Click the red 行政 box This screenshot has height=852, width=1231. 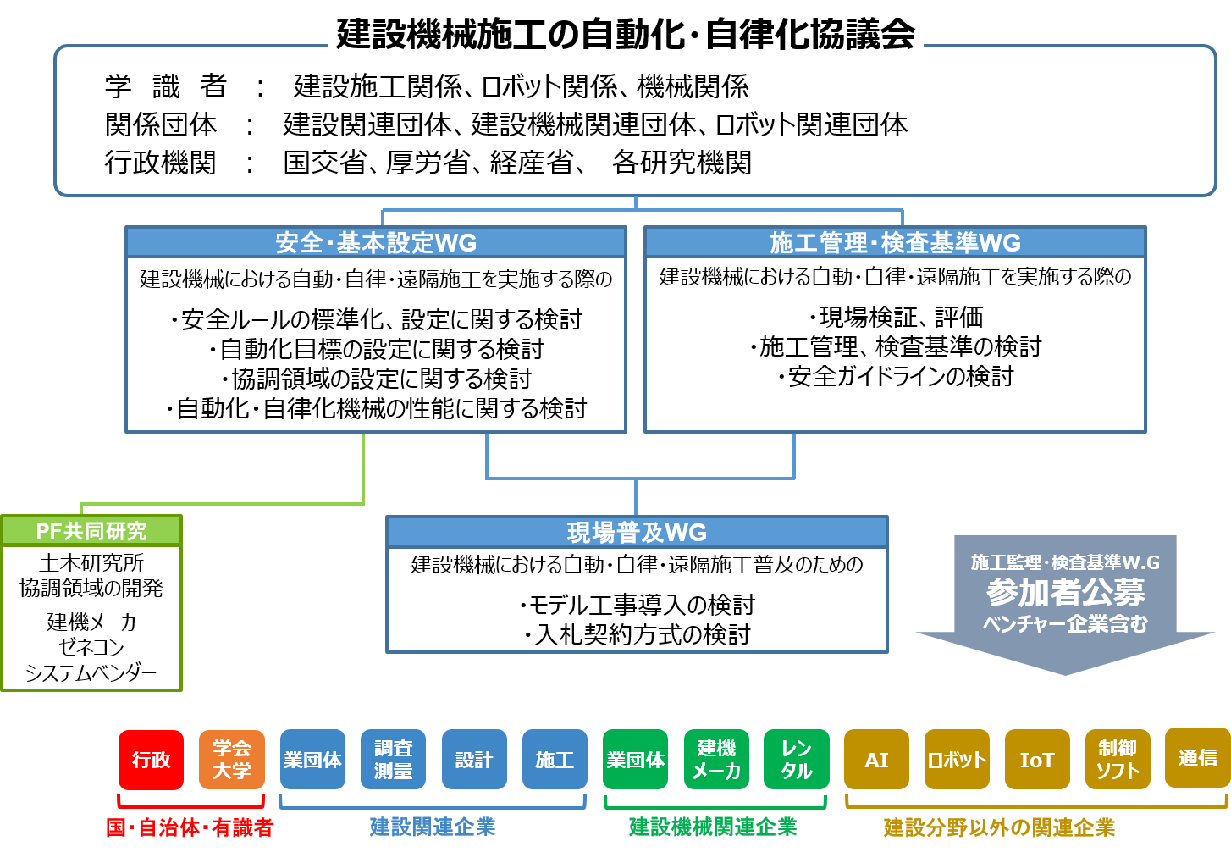coord(151,760)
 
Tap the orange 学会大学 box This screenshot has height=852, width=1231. coord(232,760)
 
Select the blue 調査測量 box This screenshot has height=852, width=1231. coord(393,760)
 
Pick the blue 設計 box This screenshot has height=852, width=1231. coord(474,760)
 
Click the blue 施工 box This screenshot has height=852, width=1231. coord(555,760)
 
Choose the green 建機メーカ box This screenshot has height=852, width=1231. coord(716,760)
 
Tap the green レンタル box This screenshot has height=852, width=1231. coord(797,760)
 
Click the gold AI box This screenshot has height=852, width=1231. coord(876,760)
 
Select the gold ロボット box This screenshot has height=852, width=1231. coord(957,760)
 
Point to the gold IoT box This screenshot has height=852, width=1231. coord(1037,760)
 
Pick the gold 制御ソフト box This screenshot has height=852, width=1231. coord(1118,760)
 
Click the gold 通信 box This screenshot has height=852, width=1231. coord(1197,758)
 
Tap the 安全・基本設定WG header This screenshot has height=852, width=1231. coord(376,243)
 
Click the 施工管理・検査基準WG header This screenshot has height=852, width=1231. coord(895,243)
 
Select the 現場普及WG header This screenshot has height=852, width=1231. coord(637,533)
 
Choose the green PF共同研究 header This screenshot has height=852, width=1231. coord(91,531)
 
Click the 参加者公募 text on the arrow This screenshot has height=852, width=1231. coord(1065,592)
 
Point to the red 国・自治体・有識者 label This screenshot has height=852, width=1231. coord(190,827)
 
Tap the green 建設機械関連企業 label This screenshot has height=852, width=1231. coord(713,827)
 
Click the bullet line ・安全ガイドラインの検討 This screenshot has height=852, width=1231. coord(896,376)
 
